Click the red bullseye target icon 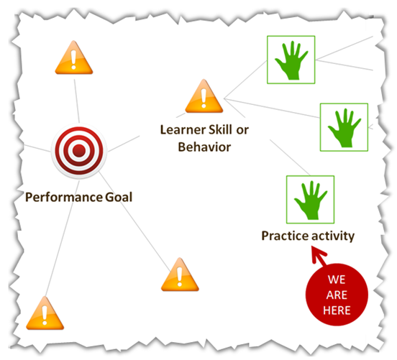tap(79, 151)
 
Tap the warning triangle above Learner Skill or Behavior tap(204, 96)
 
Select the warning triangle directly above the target tap(74, 57)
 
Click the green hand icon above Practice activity tap(311, 200)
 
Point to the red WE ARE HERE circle tap(337, 295)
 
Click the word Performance tap(64, 198)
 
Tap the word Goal tap(119, 197)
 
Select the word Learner tap(183, 130)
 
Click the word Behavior tap(204, 147)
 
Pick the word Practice tap(284, 236)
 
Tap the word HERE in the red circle tap(337, 310)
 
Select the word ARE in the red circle tap(337, 295)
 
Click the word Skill tap(220, 129)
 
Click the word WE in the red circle tap(337, 280)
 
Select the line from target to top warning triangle tap(77, 101)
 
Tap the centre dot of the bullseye tap(79, 151)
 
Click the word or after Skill tap(243, 130)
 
